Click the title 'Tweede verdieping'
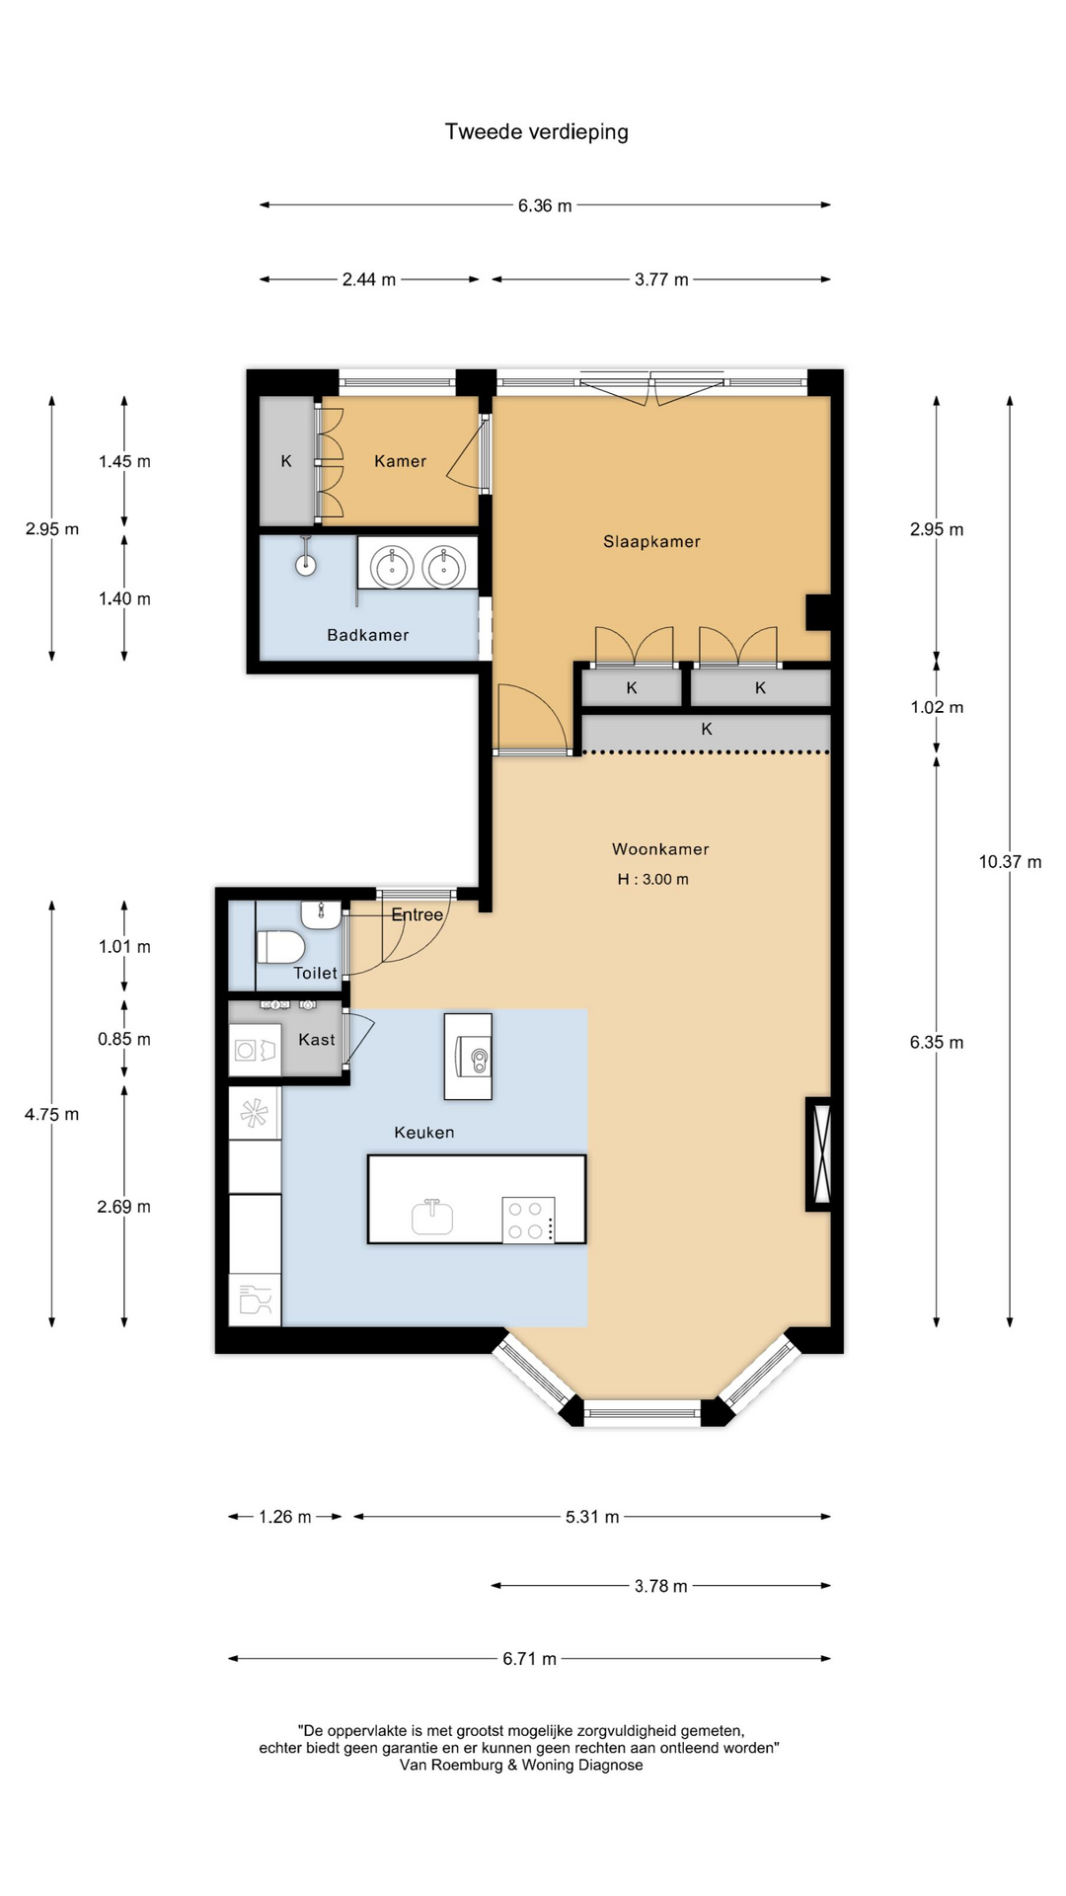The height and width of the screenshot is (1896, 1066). click(536, 132)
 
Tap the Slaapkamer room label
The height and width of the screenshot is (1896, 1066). click(651, 541)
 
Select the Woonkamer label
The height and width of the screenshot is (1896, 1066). click(660, 849)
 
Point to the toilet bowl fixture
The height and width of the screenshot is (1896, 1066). click(280, 947)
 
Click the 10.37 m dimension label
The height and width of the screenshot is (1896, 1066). click(1010, 862)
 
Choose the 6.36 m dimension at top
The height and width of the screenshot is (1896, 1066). click(545, 205)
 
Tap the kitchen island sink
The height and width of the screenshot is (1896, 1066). click(432, 1217)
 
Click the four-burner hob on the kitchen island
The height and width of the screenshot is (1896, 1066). click(528, 1219)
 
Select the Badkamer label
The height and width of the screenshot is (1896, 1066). click(367, 635)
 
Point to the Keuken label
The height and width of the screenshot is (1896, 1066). click(424, 1133)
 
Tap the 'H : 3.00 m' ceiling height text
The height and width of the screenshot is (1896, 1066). click(652, 879)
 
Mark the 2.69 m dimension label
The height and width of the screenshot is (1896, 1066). click(123, 1207)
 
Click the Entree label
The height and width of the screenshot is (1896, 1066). click(417, 915)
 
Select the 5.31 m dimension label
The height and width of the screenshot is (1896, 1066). click(592, 1517)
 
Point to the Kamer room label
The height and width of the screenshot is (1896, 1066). click(400, 461)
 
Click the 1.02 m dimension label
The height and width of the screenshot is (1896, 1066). click(937, 707)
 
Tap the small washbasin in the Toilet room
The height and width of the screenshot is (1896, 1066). click(321, 914)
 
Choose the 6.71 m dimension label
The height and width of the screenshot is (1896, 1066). click(529, 1659)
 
